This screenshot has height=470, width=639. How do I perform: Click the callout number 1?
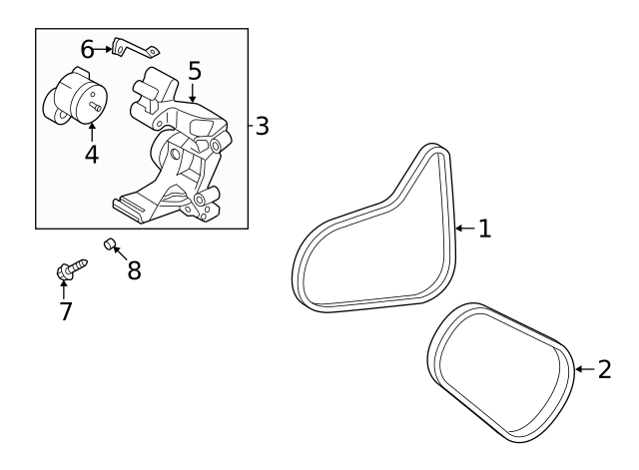(484, 229)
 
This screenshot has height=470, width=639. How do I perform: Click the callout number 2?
(604, 370)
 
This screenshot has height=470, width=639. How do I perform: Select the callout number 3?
(262, 127)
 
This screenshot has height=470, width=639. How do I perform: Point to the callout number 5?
(194, 70)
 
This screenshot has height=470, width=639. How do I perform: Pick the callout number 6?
(87, 48)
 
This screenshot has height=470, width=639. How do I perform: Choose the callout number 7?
(65, 310)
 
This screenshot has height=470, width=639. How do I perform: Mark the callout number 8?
(134, 269)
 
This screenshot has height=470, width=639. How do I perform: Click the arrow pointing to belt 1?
(463, 229)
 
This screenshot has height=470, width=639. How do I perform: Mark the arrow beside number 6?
(103, 48)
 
